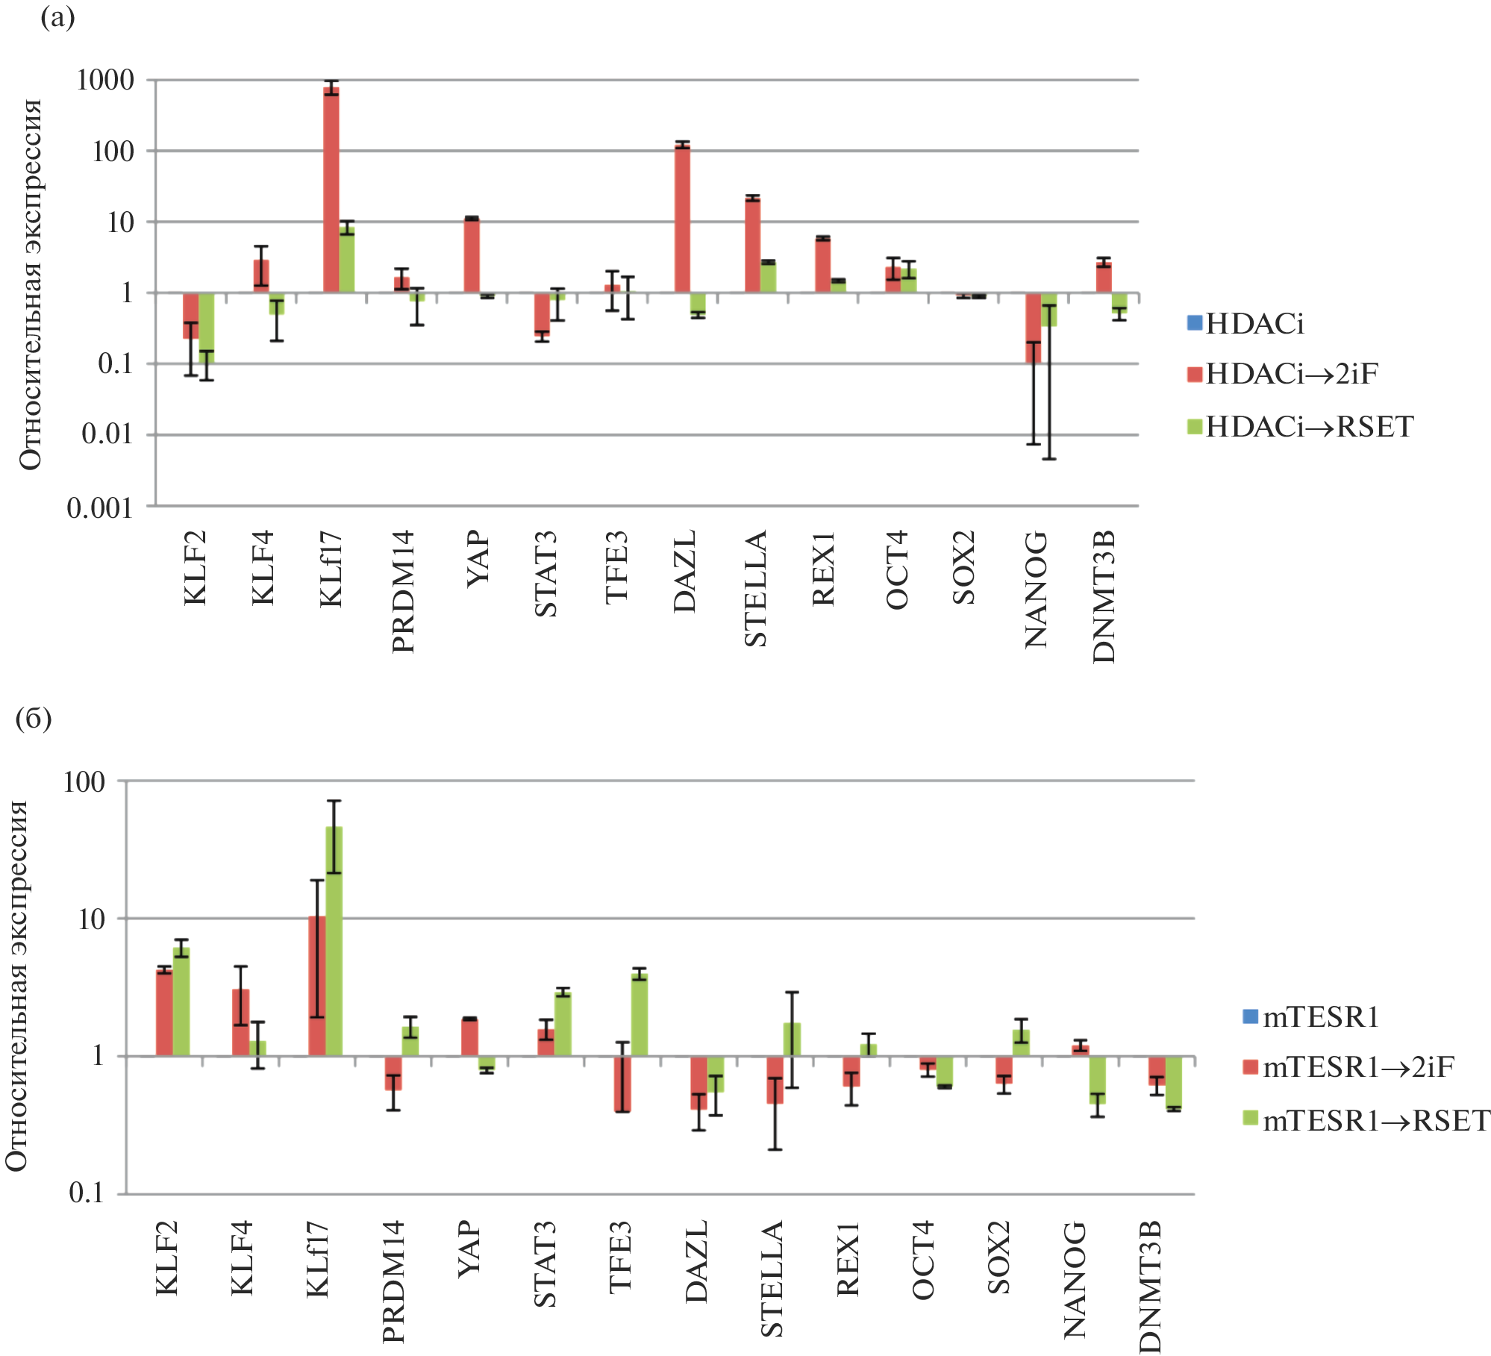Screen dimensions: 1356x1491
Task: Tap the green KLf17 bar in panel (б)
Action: (334, 941)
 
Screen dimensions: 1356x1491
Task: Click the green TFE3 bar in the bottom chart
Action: (640, 1014)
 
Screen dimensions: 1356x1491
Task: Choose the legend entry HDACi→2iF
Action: (1291, 374)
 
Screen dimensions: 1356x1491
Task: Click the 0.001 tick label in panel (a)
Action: (100, 508)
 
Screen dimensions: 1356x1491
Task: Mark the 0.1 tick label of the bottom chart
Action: (87, 1193)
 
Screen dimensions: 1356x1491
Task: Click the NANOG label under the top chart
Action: (1036, 590)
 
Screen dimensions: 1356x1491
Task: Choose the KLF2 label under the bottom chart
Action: (166, 1258)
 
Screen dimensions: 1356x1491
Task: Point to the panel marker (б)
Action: (34, 719)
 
